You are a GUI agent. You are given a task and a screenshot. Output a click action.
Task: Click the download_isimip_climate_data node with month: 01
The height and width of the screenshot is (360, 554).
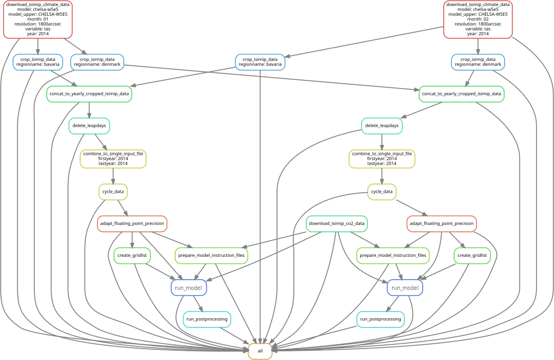click(x=38, y=19)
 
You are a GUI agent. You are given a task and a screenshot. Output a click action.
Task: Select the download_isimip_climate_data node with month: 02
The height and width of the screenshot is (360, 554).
click(x=478, y=19)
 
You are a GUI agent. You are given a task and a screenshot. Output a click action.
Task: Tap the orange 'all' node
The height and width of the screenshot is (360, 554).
click(x=260, y=351)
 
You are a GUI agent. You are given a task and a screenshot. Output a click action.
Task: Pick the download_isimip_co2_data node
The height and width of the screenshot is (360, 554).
click(x=337, y=223)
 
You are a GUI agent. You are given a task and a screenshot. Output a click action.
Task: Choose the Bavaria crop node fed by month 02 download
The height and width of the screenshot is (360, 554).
click(x=260, y=62)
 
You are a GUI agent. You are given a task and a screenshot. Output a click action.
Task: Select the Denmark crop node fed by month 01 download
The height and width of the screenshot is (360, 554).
click(x=97, y=62)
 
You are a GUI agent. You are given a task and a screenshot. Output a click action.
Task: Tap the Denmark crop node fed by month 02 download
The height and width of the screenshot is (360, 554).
click(x=478, y=62)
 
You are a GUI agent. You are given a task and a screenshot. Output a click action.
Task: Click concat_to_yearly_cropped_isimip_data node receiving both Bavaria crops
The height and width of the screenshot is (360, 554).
click(x=90, y=93)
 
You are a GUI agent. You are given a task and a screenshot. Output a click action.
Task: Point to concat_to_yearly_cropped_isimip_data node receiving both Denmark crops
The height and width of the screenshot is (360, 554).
click(x=462, y=93)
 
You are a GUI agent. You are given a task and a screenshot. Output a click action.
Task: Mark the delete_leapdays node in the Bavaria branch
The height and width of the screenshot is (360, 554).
click(x=90, y=126)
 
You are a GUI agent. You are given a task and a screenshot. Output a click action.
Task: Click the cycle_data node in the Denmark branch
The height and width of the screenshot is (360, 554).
click(x=381, y=191)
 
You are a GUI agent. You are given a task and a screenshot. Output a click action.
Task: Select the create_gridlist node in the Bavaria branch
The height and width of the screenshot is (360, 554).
click(x=132, y=255)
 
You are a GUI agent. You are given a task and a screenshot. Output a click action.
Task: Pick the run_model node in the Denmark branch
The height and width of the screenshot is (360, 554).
click(x=405, y=287)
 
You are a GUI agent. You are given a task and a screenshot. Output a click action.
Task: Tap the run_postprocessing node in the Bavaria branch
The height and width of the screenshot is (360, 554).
click(x=206, y=319)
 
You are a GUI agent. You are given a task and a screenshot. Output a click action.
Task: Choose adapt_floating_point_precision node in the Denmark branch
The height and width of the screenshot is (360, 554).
click(x=442, y=223)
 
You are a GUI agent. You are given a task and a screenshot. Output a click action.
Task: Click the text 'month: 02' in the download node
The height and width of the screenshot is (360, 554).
click(x=478, y=18)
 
